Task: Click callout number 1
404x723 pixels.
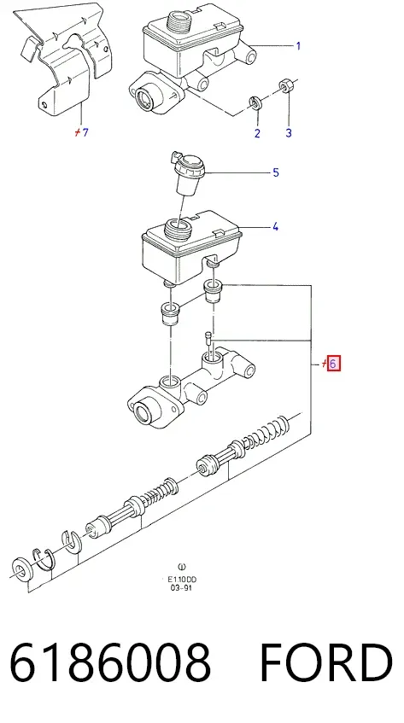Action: pyautogui.click(x=298, y=45)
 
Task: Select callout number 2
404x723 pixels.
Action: pyautogui.click(x=257, y=133)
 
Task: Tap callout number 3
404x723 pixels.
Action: pyautogui.click(x=288, y=133)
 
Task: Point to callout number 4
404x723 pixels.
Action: pyautogui.click(x=275, y=226)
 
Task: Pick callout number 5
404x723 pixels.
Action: pyautogui.click(x=276, y=172)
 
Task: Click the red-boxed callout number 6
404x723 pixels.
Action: pyautogui.click(x=333, y=364)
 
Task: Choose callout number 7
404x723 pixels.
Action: pyautogui.click(x=85, y=132)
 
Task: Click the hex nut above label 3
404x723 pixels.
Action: pyautogui.click(x=285, y=86)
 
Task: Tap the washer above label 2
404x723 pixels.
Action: pyautogui.click(x=255, y=103)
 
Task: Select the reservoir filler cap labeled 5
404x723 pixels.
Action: pyautogui.click(x=187, y=173)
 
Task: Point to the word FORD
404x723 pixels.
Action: pyautogui.click(x=326, y=662)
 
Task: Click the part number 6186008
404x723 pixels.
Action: pyautogui.click(x=111, y=662)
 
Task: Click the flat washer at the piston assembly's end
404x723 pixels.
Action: pyautogui.click(x=20, y=568)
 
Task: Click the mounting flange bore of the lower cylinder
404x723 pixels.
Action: pyautogui.click(x=143, y=409)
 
